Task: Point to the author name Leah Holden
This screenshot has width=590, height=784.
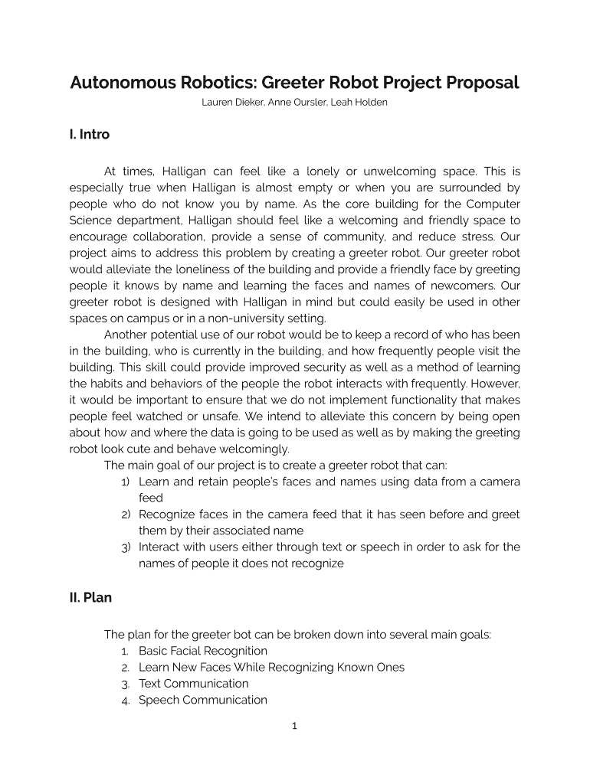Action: [x=359, y=103]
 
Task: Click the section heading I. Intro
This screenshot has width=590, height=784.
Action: [x=89, y=135]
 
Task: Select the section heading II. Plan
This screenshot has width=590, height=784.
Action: [x=90, y=598]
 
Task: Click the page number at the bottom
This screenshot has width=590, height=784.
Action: [x=294, y=727]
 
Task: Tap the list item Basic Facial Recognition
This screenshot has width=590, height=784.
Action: [x=203, y=651]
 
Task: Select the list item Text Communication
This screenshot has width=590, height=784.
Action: [x=194, y=684]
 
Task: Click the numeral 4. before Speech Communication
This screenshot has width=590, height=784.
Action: [x=126, y=701]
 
